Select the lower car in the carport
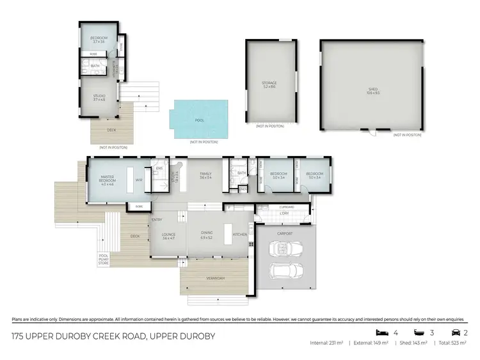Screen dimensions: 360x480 (x=285, y=270)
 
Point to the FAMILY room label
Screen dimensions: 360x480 (x=205, y=174)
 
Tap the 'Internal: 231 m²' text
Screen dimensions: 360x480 (x=327, y=343)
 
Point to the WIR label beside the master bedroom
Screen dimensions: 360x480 (x=139, y=180)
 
